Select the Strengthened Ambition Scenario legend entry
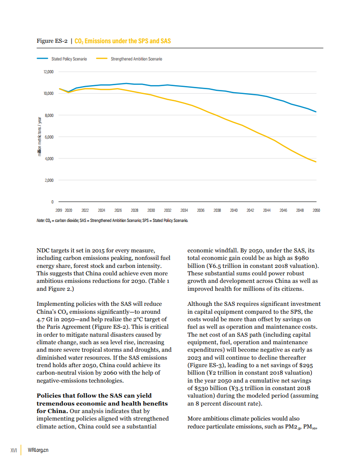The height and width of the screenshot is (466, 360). tap(136, 59)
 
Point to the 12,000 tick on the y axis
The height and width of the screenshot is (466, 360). tap(48, 72)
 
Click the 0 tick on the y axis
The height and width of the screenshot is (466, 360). tap(52, 202)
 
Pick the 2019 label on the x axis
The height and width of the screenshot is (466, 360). tap(59, 210)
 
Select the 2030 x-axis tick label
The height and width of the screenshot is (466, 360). tap(151, 210)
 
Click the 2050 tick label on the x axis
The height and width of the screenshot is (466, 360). tap(316, 210)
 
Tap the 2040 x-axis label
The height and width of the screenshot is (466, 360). tap(234, 210)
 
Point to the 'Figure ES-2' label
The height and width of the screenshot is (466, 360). tap(52, 41)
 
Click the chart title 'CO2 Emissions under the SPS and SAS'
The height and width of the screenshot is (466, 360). tap(123, 41)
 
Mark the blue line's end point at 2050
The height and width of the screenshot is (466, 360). tap(316, 112)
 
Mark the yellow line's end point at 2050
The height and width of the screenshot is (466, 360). tap(316, 162)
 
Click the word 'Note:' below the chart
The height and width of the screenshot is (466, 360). tap(41, 220)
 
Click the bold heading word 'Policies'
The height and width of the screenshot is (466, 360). tap(51, 395)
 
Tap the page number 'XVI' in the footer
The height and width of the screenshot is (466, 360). tap(13, 450)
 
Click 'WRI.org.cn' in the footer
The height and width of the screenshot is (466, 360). tap(38, 450)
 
